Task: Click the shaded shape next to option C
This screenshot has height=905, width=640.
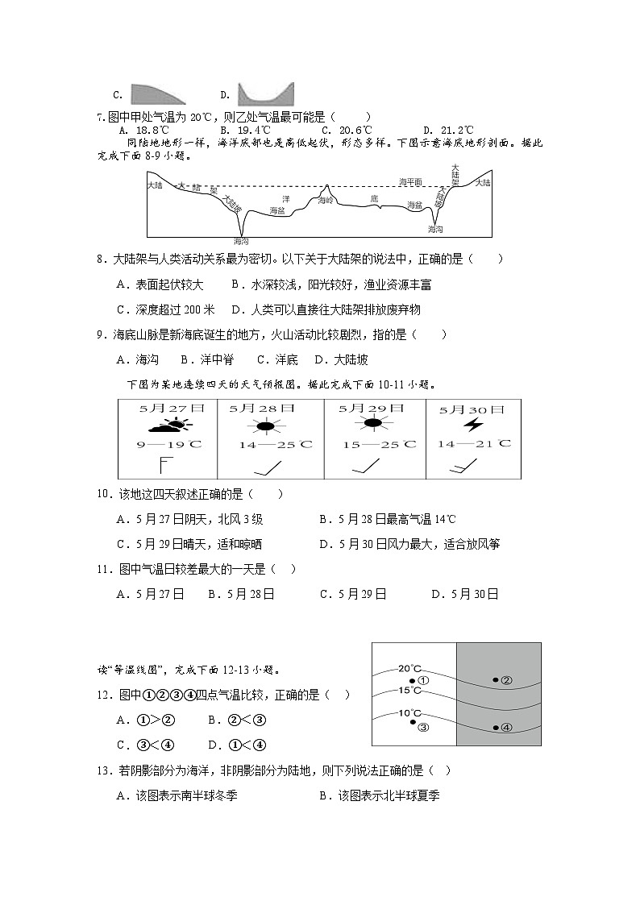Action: tap(158, 94)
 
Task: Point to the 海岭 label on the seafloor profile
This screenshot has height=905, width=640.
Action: tap(326, 199)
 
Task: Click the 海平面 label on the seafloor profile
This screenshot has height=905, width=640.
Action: tap(411, 182)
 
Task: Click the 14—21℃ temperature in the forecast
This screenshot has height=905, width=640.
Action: tap(473, 443)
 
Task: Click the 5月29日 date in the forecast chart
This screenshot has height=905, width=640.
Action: tap(371, 409)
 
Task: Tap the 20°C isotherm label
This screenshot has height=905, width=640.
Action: tap(409, 668)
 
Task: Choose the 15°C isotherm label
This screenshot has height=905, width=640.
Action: tap(409, 690)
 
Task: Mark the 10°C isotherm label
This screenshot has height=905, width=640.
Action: tap(409, 713)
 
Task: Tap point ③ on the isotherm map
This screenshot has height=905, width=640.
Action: tap(418, 724)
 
